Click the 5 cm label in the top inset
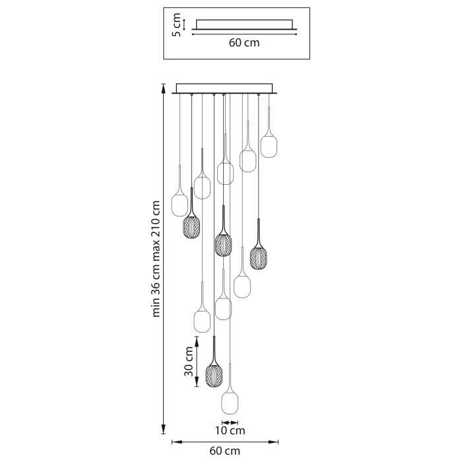coord(176,25)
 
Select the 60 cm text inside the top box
coord(244,44)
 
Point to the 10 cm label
coord(230,431)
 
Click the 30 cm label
coord(189,362)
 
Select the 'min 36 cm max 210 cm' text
coord(156,258)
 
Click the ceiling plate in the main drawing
coord(224,88)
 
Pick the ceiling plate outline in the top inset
coord(244,24)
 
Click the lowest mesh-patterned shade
coord(214,375)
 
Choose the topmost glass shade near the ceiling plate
coord(268,145)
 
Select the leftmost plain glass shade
coord(180,204)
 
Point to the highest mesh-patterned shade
coord(191,228)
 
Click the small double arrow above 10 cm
coord(230,422)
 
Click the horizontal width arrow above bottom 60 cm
coord(225,442)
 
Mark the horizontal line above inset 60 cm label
coord(244,34)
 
